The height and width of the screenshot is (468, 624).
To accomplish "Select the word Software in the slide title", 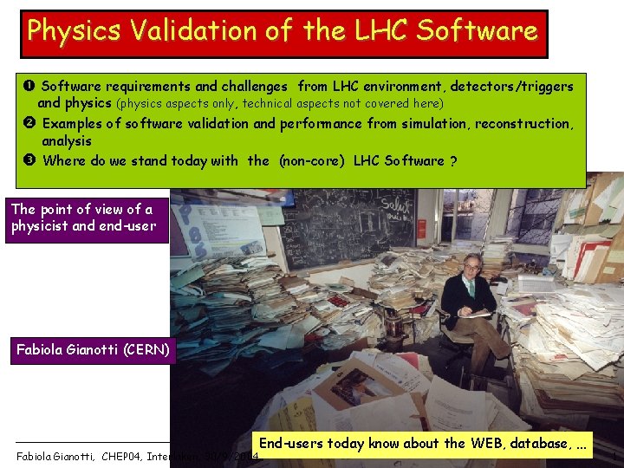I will (x=477, y=30).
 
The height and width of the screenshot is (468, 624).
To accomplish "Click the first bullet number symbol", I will (x=30, y=87).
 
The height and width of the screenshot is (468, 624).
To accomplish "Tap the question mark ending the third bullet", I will (x=454, y=160).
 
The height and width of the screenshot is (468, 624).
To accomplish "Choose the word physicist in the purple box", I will (x=39, y=226).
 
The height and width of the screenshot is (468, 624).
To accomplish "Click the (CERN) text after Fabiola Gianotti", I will (x=151, y=350).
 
